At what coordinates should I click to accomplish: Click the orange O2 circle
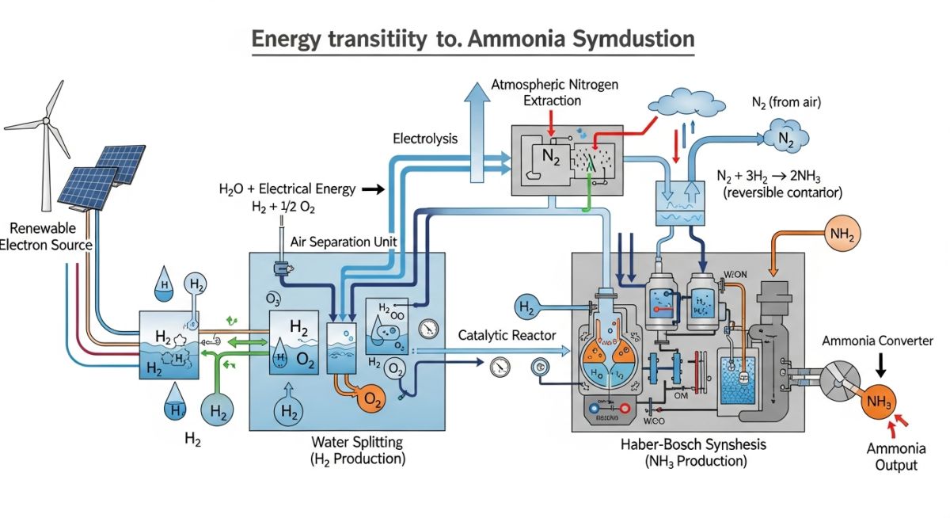point(369,400)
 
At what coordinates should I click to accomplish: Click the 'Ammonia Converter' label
point(877,341)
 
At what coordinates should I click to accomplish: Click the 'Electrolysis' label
point(425,139)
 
